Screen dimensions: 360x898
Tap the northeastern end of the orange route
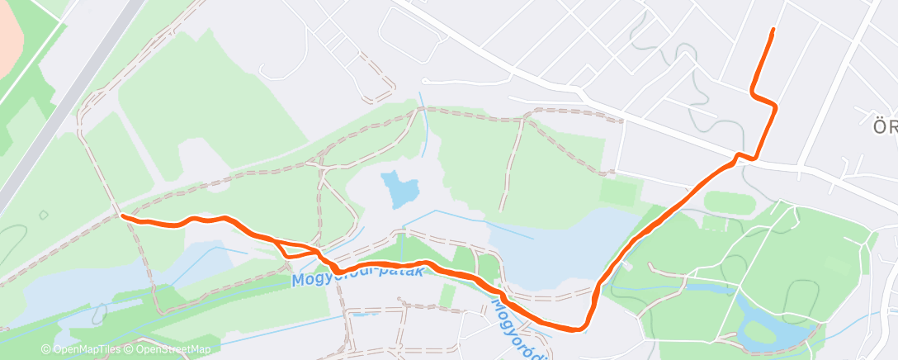click(x=773, y=30)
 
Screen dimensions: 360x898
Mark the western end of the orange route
click(x=122, y=216)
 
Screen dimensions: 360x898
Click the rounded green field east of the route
click(x=730, y=203)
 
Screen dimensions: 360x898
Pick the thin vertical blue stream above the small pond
click(x=423, y=128)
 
